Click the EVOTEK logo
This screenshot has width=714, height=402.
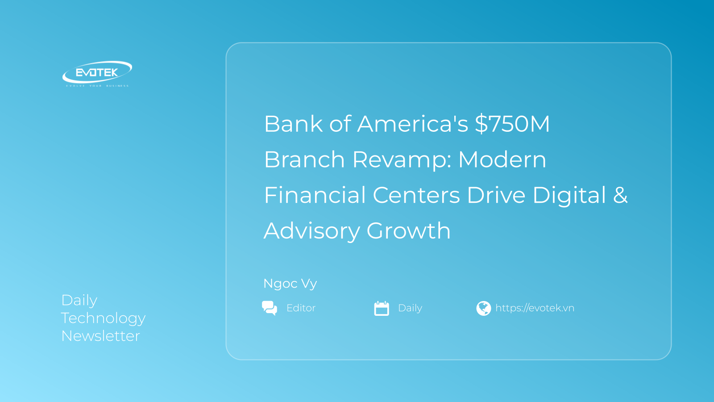(x=97, y=74)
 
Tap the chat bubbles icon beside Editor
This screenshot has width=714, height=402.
(x=270, y=308)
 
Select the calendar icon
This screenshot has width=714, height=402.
(x=382, y=308)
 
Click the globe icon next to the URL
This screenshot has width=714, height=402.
(x=484, y=308)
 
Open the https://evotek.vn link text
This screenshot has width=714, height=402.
(x=535, y=308)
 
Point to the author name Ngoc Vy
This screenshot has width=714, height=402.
(x=290, y=284)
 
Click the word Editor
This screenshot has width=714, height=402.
(x=301, y=308)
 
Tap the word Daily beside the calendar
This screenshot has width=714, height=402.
(x=410, y=308)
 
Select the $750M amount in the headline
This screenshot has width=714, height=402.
(x=512, y=124)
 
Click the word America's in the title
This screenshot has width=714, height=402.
(x=412, y=124)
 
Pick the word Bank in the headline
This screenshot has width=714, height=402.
(x=293, y=124)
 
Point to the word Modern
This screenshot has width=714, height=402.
(x=502, y=159)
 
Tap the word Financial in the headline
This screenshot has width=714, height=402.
(x=315, y=195)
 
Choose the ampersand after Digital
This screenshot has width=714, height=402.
(x=620, y=195)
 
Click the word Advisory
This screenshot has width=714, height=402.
(x=312, y=231)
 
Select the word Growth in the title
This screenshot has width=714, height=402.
(x=409, y=230)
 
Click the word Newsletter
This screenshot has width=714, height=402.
(x=100, y=336)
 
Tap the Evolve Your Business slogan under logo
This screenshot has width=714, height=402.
(x=97, y=86)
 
